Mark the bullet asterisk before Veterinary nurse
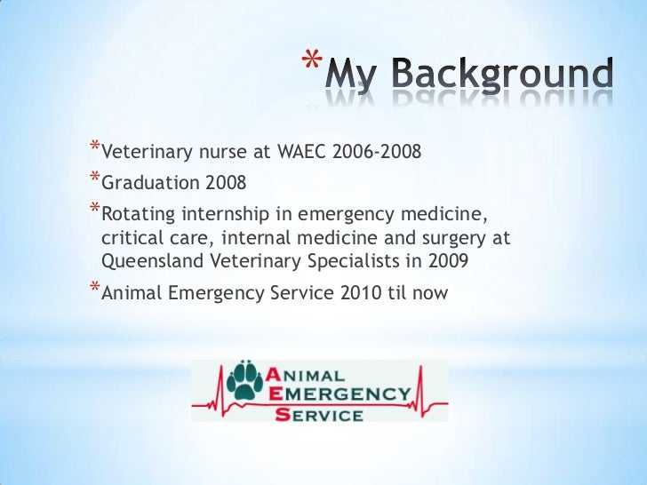(x=95, y=148)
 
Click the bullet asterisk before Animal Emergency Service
(x=95, y=286)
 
